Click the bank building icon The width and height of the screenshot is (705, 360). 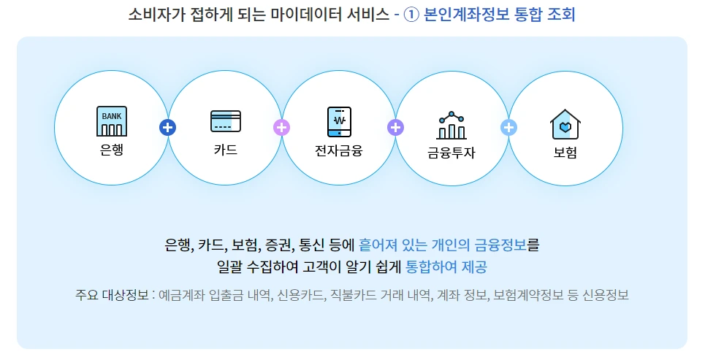pos(111,120)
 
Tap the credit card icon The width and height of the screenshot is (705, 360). pos(225,120)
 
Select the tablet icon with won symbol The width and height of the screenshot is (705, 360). pos(339,121)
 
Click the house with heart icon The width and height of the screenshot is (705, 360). pos(565,124)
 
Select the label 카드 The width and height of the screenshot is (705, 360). pos(225,150)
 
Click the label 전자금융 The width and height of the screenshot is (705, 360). pos(339,150)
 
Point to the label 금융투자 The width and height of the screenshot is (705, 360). pos(451,153)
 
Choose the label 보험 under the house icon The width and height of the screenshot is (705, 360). pos(565,153)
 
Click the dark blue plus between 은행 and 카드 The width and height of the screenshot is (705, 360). pos(168,127)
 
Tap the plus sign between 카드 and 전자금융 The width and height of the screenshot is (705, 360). pos(281,127)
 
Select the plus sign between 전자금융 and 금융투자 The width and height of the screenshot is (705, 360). pos(395,127)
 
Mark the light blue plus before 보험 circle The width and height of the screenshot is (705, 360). pos(509,127)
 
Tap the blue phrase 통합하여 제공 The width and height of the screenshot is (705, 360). pos(446,267)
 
